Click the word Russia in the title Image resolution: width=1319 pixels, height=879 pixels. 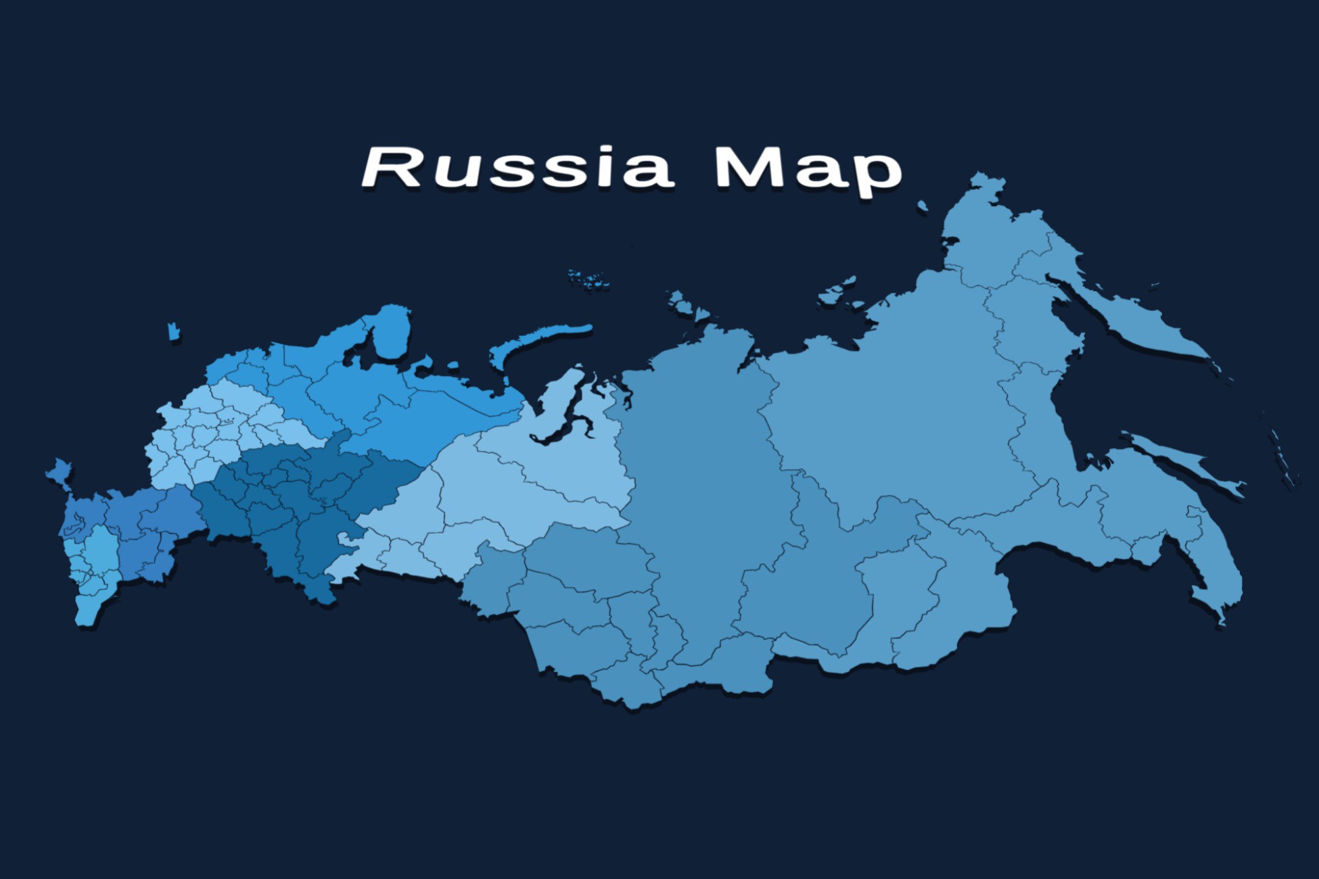coord(517,166)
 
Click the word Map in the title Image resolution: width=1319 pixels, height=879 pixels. coord(808,169)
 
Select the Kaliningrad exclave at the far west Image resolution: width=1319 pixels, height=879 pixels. coord(174,332)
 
